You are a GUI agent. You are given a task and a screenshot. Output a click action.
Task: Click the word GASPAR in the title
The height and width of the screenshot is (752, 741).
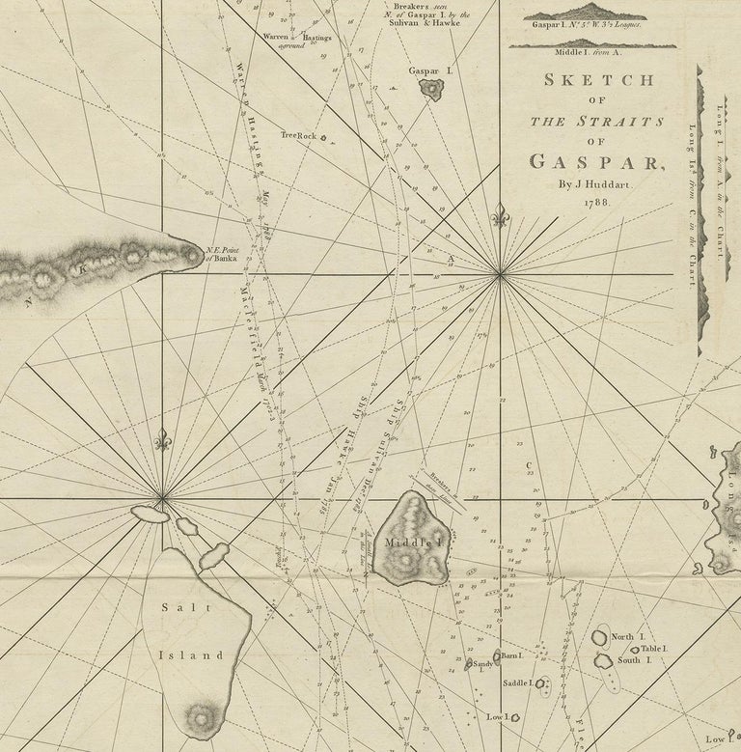click(594, 162)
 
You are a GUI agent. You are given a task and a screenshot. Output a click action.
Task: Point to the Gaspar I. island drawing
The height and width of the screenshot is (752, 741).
click(428, 89)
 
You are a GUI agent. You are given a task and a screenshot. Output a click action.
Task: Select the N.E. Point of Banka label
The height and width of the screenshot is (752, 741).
click(222, 253)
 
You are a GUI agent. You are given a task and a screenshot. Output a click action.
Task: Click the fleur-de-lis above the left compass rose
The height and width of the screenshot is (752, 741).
click(162, 440)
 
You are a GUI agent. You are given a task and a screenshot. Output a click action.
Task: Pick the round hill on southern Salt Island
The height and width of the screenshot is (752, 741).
click(202, 718)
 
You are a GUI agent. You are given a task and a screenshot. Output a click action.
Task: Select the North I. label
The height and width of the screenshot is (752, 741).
click(623, 637)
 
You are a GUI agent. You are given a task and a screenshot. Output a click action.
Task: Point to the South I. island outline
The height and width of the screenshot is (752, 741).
click(604, 660)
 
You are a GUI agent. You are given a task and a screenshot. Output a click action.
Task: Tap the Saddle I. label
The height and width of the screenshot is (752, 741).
click(516, 683)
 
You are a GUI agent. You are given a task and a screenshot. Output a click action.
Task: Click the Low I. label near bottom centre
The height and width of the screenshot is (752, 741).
click(498, 717)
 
